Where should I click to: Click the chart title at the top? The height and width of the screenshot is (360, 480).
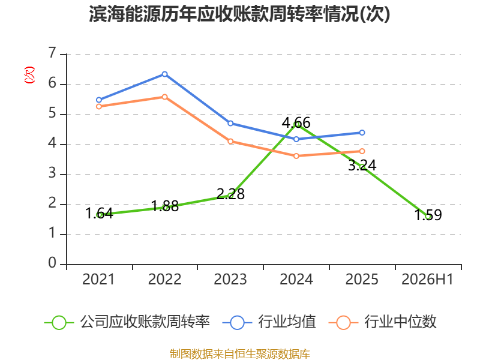click(239, 14)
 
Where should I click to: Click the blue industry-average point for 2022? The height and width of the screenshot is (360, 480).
click(164, 74)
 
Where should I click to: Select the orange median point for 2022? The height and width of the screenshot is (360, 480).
click(164, 97)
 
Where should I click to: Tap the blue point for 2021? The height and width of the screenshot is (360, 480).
click(99, 100)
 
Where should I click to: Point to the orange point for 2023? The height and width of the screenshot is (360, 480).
click(230, 141)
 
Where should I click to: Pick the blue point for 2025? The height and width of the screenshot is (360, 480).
click(362, 133)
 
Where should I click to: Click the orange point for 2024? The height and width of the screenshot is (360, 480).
click(296, 156)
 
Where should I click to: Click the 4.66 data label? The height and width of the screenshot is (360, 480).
click(296, 122)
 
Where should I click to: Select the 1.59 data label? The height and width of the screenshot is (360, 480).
click(428, 215)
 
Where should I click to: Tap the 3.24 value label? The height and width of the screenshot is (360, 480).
click(362, 166)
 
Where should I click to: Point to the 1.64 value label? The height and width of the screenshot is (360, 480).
click(99, 214)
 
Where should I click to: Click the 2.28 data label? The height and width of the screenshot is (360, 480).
click(230, 194)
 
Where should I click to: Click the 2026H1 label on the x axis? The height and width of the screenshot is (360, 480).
click(427, 279)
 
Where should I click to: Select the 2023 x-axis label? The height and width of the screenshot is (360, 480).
click(230, 279)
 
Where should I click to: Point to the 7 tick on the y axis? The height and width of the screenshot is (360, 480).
click(52, 53)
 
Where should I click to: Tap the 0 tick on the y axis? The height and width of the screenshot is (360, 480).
click(52, 263)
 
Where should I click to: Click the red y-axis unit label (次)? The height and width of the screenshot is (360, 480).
click(29, 75)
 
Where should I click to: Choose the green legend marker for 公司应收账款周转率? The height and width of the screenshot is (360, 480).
click(59, 323)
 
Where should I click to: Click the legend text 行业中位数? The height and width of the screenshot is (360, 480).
click(400, 322)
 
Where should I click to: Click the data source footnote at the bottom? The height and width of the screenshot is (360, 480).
click(240, 354)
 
